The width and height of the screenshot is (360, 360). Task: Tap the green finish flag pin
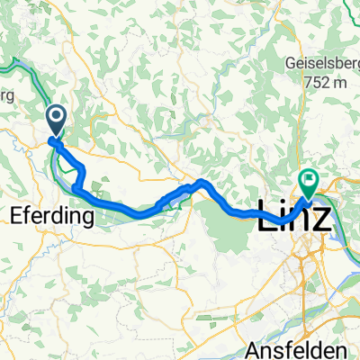pos(309,182)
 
